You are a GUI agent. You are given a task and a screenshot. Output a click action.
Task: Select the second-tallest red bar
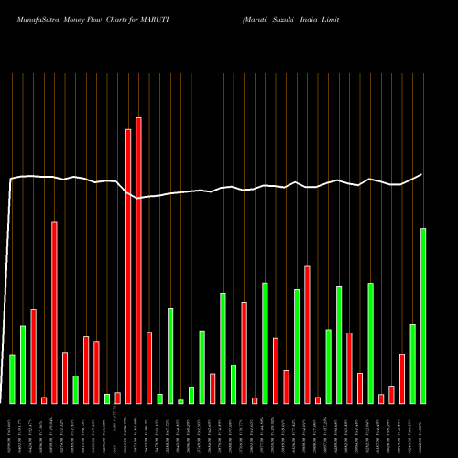pos(128,266)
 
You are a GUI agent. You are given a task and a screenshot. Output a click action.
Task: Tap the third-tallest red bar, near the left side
pos(54,311)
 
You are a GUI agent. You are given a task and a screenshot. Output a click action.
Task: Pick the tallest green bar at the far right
pos(423,315)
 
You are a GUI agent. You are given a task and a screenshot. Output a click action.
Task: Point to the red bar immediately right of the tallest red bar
pos(149,366)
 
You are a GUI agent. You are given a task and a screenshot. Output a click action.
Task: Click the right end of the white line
pos(422,174)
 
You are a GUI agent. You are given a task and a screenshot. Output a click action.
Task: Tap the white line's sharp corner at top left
pos(11,179)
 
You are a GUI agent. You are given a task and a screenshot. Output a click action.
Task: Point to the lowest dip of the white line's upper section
pos(138,198)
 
